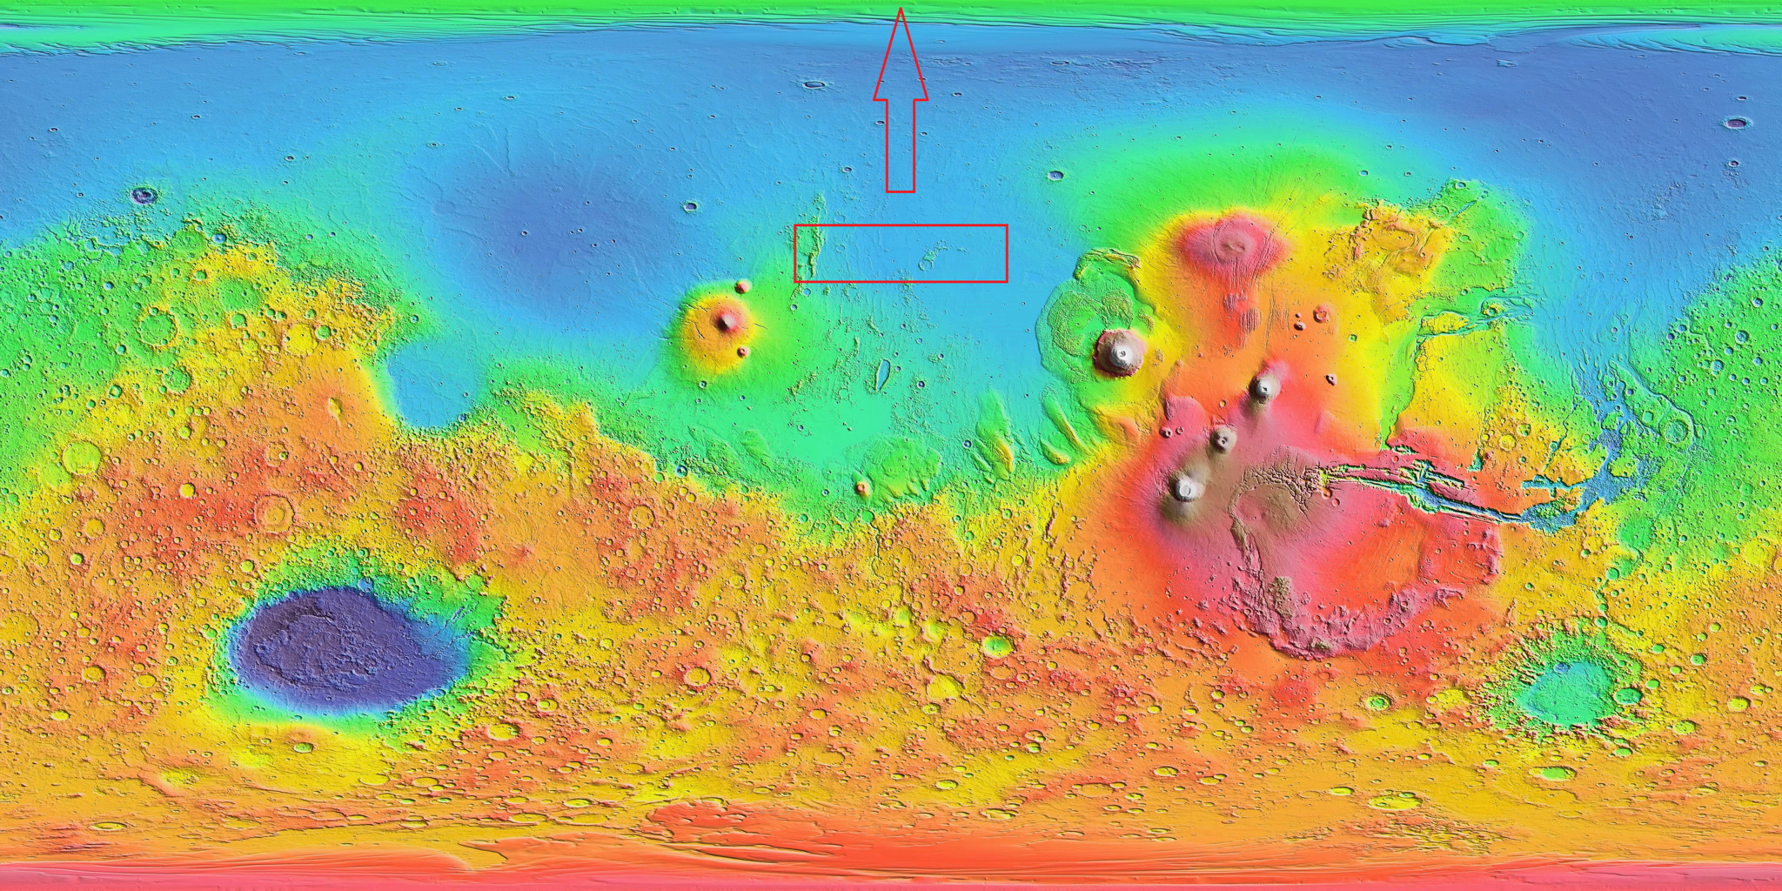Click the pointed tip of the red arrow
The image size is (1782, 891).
[901, 10]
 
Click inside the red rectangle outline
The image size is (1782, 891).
[901, 253]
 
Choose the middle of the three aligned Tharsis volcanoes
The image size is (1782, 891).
[1223, 439]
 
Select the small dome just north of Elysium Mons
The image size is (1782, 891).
[742, 286]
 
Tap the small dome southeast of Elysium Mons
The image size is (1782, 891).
[742, 352]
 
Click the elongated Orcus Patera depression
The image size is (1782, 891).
[882, 374]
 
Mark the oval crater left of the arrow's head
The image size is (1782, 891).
[814, 85]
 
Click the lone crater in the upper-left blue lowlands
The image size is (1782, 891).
[144, 195]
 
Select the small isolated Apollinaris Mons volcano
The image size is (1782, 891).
[863, 487]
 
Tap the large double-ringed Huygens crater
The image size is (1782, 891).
[275, 513]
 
